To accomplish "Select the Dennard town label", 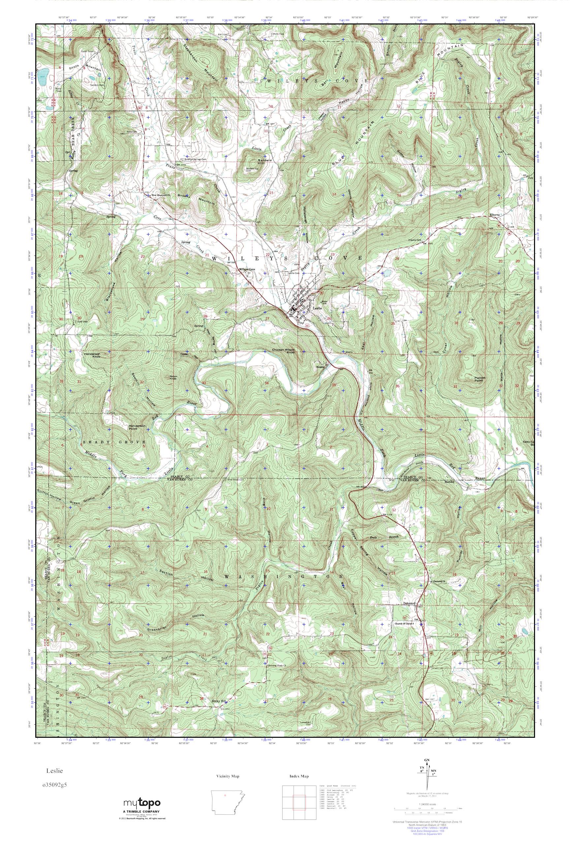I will (409, 603).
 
